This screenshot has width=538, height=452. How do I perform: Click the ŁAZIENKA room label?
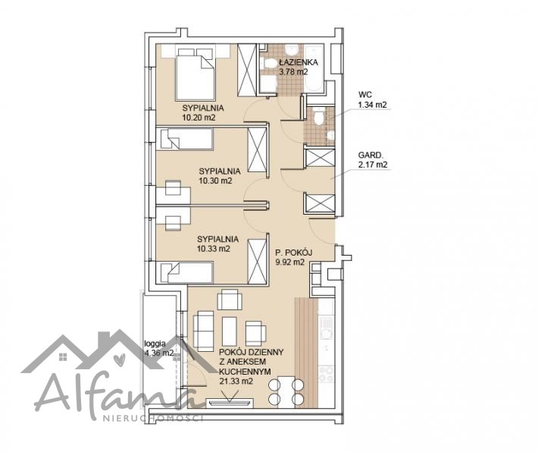[x=298, y=62]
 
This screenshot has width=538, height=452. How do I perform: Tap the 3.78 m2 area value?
[x=293, y=72]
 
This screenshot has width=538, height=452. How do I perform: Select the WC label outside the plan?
[x=364, y=95]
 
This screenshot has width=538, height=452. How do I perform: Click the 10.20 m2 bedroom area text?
[x=199, y=118]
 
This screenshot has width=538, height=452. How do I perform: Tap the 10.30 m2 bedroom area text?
[x=215, y=180]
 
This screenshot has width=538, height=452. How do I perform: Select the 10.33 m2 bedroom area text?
[x=214, y=249]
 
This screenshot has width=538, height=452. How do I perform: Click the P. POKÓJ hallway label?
[x=293, y=253]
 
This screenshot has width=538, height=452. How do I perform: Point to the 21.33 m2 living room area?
[x=236, y=381]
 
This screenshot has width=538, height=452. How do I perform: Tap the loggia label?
[x=155, y=343]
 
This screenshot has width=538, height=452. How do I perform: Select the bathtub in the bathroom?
[x=314, y=67]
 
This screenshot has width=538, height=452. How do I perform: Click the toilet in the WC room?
[x=319, y=116]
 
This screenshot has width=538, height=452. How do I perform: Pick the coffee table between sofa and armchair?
[x=229, y=331]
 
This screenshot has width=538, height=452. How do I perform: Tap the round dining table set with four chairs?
[x=286, y=391]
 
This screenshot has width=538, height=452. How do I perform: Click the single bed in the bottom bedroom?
[x=185, y=272]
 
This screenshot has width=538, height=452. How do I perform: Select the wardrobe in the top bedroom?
[x=247, y=70]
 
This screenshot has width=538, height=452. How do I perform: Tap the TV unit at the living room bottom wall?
[x=230, y=403]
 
